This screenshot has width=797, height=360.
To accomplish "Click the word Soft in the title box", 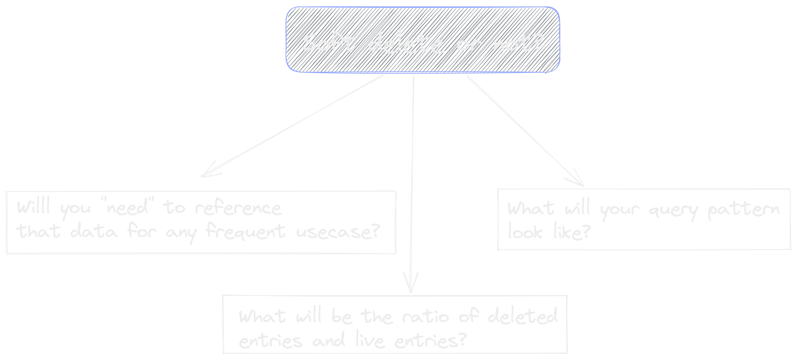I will [x=328, y=43].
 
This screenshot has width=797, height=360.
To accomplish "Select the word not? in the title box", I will [x=518, y=43].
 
